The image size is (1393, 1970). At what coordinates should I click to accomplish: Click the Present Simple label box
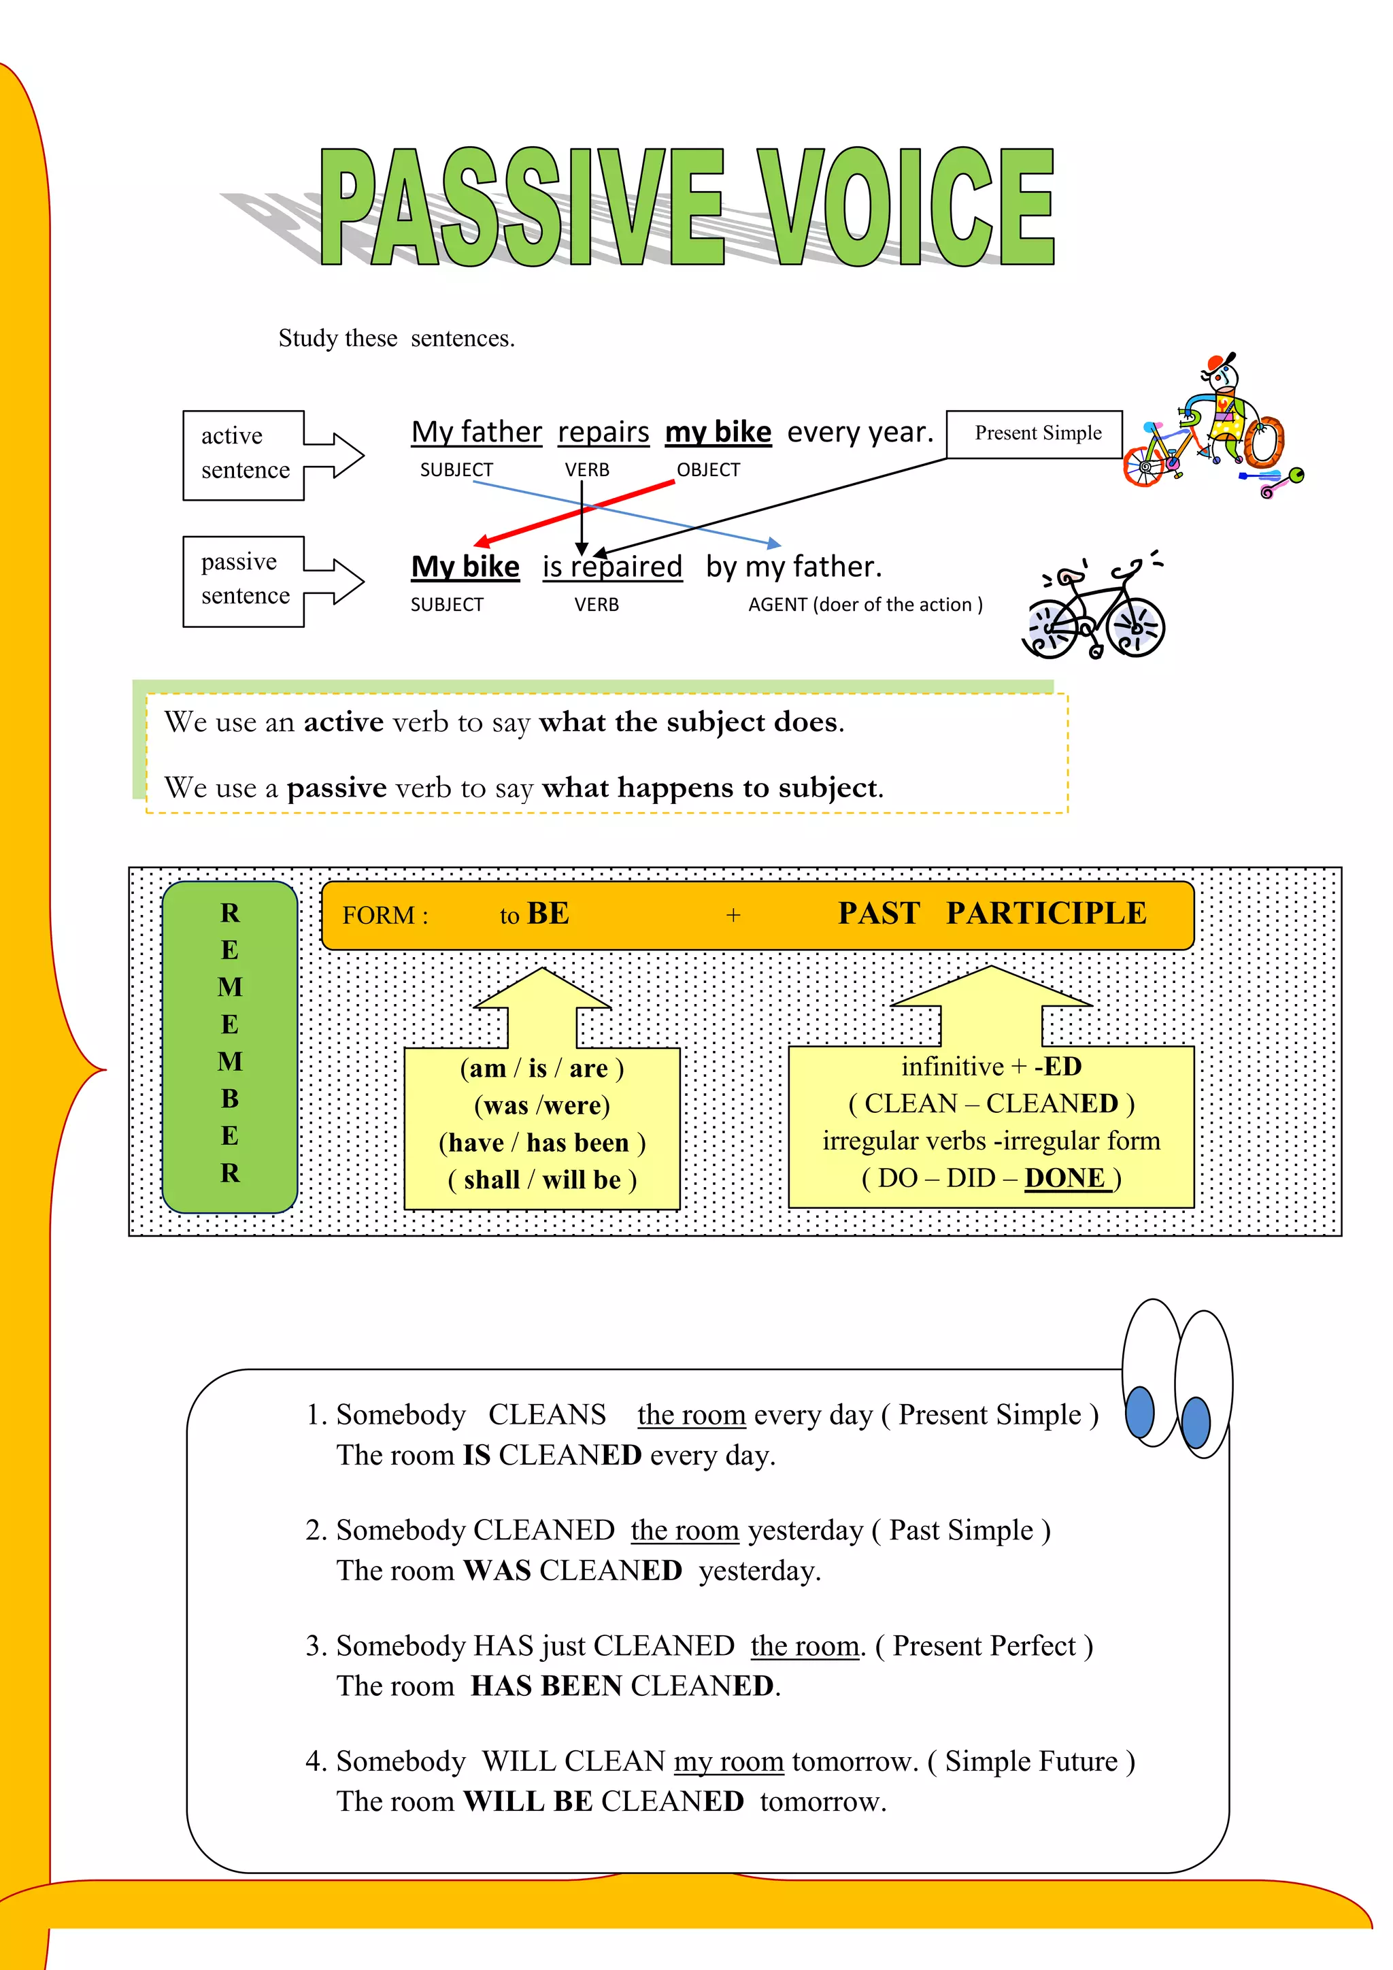(x=1035, y=434)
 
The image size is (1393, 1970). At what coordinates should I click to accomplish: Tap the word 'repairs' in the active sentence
(x=603, y=433)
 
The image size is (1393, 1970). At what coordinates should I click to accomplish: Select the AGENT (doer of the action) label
(x=865, y=605)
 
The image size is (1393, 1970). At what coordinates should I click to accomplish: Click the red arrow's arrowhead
(x=483, y=542)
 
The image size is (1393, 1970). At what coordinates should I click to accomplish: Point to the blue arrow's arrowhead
(x=773, y=543)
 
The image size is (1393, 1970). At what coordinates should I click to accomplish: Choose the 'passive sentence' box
(x=244, y=580)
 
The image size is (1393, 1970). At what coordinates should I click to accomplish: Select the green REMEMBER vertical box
(x=230, y=1046)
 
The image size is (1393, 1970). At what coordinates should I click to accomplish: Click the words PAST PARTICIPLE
(x=992, y=914)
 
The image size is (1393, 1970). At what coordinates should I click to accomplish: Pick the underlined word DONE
(x=1064, y=1178)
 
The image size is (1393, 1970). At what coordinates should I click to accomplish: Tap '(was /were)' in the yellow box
(x=542, y=1105)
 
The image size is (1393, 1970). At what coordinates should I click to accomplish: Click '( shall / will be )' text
(x=542, y=1180)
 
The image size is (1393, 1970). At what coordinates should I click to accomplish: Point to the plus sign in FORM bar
(x=733, y=916)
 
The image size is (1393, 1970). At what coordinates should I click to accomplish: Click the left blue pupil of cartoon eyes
(x=1139, y=1412)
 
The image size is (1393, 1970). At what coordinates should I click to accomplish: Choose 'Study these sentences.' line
(x=397, y=339)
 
